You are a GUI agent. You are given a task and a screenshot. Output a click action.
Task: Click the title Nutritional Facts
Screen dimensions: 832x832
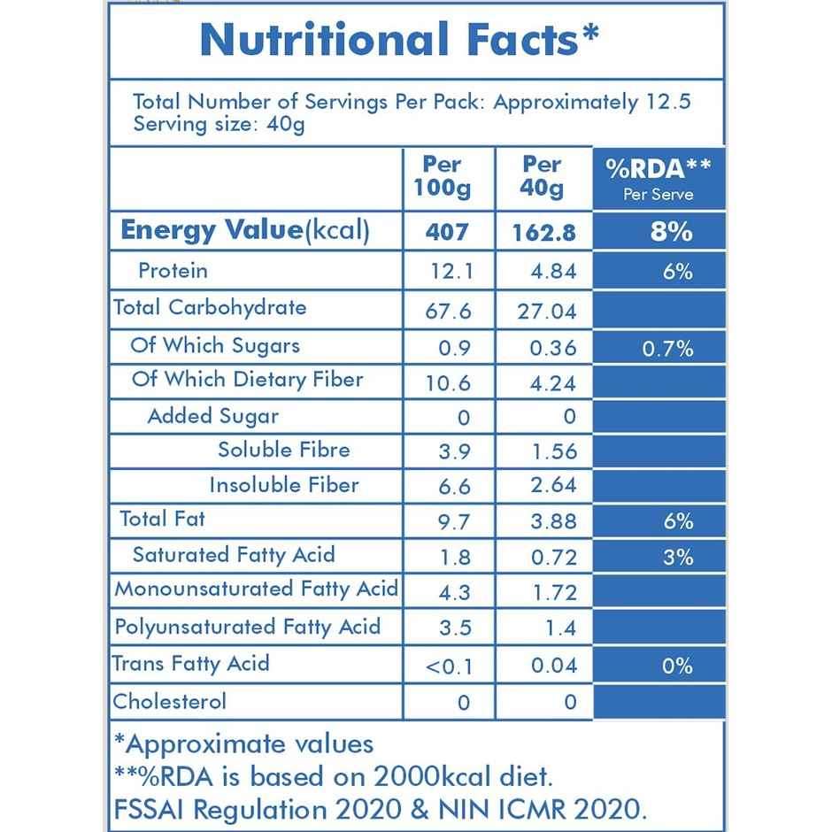398,40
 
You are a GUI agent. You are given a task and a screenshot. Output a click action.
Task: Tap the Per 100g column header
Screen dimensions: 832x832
442,176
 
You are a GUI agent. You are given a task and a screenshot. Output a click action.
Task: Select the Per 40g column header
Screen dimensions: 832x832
542,176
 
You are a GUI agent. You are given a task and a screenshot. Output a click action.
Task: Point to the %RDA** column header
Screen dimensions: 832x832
659,176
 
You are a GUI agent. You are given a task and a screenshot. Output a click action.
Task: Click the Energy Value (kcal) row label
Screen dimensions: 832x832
244,230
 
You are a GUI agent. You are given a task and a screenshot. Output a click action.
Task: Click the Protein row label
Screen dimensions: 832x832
173,270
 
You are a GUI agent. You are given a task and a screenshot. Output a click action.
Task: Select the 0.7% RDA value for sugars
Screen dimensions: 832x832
667,349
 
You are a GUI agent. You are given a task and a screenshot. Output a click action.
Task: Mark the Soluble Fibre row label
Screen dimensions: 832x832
283,450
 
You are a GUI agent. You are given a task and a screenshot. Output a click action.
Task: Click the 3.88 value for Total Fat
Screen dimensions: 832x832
553,522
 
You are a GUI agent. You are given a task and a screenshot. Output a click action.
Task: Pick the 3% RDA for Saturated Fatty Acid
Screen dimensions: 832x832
677,558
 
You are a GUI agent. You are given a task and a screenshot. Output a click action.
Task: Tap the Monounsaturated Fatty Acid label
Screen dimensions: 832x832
256,589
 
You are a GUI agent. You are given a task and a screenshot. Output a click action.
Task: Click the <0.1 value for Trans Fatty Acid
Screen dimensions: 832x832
449,666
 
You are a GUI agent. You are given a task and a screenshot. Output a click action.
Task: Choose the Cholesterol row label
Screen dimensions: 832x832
170,702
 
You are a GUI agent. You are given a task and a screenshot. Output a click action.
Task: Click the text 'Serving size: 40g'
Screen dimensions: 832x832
219,124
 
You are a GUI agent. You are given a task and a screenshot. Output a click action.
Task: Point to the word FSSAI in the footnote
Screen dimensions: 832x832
150,809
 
